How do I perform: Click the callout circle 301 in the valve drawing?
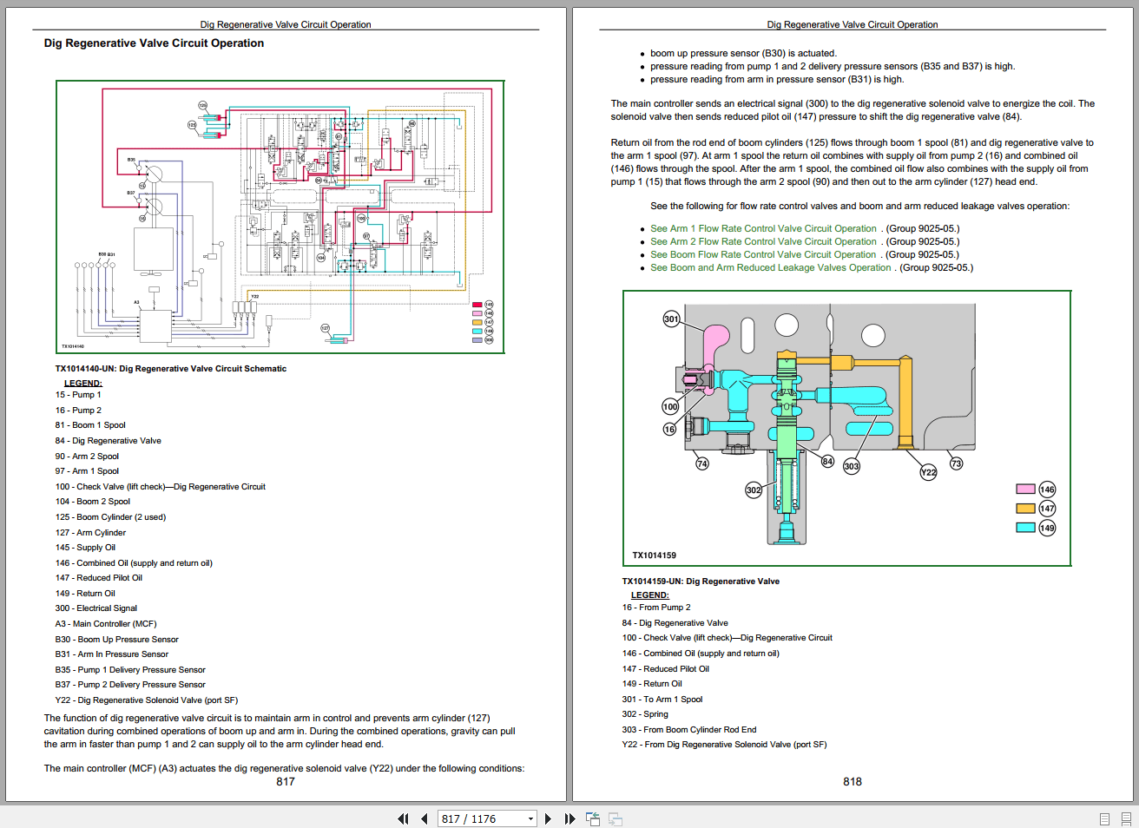pos(671,319)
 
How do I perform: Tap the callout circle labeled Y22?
pos(928,472)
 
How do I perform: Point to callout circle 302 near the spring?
pos(754,490)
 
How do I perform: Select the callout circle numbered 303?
pos(852,466)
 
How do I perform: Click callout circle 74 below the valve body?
pos(702,463)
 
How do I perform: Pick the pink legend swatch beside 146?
pos(1025,490)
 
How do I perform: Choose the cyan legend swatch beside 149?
pos(1025,527)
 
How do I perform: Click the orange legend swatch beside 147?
pos(1025,509)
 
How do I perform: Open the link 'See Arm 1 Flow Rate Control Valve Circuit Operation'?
pos(763,229)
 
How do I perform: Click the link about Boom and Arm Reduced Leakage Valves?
pos(770,268)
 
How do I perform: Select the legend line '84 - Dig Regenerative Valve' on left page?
pos(109,441)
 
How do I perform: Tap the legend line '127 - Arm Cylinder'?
pos(90,533)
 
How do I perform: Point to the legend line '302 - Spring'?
pos(645,714)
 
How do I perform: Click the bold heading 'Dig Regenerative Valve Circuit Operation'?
pos(154,43)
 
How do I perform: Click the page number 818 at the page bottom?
pos(853,782)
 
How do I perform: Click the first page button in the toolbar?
pos(403,818)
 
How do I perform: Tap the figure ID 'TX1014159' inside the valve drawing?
pos(654,555)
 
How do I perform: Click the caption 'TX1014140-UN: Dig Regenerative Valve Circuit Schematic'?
pos(171,369)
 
